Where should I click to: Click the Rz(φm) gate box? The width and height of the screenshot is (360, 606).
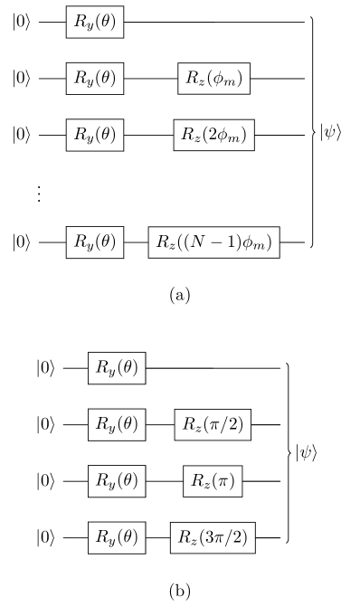tap(213, 79)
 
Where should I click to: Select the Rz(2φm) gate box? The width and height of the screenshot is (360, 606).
tap(213, 136)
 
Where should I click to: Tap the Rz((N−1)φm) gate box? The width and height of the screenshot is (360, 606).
tap(213, 242)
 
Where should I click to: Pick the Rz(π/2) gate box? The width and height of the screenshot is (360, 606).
tap(213, 424)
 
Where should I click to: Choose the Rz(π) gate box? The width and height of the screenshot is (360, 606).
tap(213, 481)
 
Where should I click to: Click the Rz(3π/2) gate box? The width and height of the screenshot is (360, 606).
tap(213, 538)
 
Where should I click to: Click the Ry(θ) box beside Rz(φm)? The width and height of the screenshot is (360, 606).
tap(94, 79)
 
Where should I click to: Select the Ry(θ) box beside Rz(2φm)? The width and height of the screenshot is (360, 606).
tap(94, 136)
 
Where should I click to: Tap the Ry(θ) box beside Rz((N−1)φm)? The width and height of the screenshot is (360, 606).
tap(94, 242)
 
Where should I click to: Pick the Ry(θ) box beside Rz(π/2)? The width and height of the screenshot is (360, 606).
tap(117, 424)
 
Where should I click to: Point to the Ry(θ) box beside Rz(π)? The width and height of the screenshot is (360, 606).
tap(117, 481)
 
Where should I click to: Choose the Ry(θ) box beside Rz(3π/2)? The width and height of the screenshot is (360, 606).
tap(117, 538)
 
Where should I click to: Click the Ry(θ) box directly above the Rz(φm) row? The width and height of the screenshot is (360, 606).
tap(94, 22)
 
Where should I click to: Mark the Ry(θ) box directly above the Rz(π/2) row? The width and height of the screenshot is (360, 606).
tap(117, 368)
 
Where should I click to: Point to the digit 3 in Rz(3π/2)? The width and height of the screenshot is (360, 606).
tap(206, 538)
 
